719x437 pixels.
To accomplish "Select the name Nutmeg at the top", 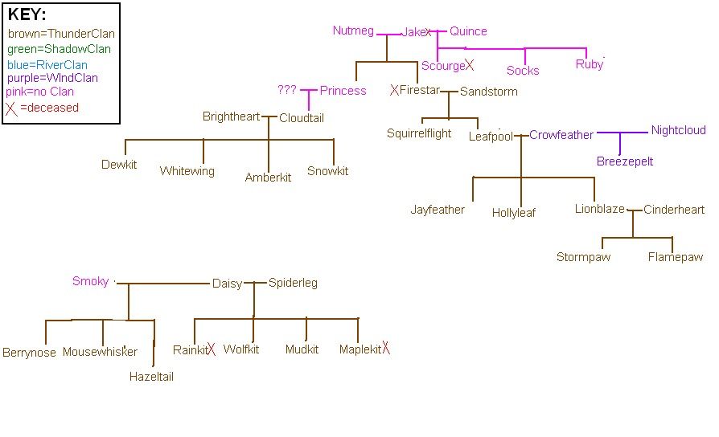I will tap(353, 31).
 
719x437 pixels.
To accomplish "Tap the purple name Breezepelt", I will tap(625, 161).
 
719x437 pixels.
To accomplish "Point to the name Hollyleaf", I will tap(514, 213).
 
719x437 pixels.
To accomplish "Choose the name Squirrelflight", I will tap(419, 133).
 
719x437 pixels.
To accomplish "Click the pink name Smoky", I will tap(90, 281).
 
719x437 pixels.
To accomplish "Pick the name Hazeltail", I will tap(151, 376).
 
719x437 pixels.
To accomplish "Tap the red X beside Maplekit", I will tap(386, 348).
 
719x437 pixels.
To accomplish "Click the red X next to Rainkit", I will tap(212, 349).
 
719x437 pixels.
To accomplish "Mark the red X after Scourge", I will tap(469, 65).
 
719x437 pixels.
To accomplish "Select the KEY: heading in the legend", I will tap(27, 14).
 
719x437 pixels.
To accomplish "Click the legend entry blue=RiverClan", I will tap(47, 64).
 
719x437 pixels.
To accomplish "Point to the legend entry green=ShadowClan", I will tap(59, 49).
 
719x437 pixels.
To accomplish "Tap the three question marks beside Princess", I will tap(287, 90).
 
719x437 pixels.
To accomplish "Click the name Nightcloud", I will tap(678, 130).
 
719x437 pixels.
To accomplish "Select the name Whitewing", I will tap(187, 171).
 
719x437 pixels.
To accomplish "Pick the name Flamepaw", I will tap(675, 257).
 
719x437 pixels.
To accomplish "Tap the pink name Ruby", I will tap(589, 64).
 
